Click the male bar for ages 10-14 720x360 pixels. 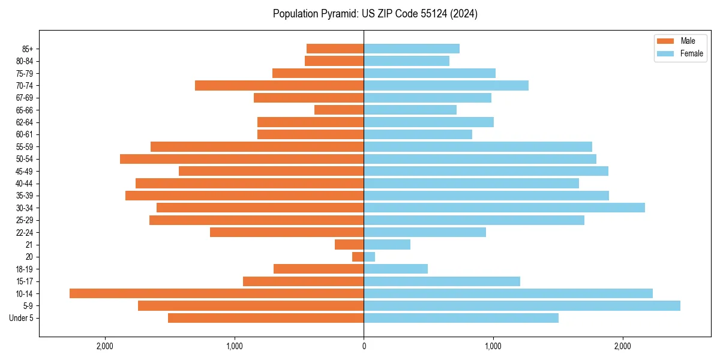point(217,293)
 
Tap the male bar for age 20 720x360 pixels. point(358,257)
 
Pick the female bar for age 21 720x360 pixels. point(387,245)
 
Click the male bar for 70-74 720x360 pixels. point(280,86)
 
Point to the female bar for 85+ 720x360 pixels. point(412,49)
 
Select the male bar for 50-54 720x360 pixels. point(242,159)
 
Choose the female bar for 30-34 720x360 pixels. point(504,208)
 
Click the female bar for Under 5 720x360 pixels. point(461,318)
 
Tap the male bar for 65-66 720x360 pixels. point(339,110)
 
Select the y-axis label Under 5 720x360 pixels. point(22,318)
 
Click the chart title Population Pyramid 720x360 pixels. point(375,14)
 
